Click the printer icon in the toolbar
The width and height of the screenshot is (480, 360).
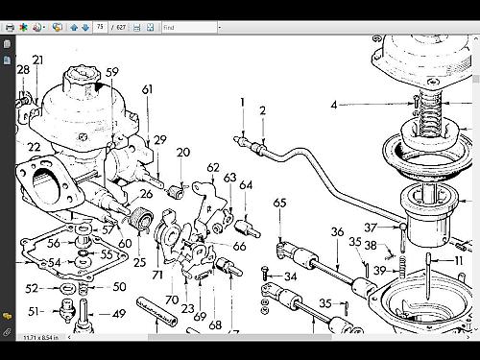point(9,28)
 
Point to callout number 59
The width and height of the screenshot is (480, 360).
point(112,71)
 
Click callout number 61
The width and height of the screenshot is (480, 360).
point(147,89)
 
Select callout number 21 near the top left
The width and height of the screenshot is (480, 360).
point(37,60)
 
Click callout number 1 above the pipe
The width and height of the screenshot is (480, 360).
point(243,102)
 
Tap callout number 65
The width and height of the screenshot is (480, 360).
point(279,203)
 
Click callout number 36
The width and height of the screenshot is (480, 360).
point(337,231)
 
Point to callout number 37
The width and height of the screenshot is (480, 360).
point(370,228)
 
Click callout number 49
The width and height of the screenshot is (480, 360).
point(119,313)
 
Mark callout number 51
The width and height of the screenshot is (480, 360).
point(34,311)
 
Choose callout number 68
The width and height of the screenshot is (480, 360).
point(215,324)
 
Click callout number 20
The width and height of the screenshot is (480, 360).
point(183,152)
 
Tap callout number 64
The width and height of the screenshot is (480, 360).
point(246,184)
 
